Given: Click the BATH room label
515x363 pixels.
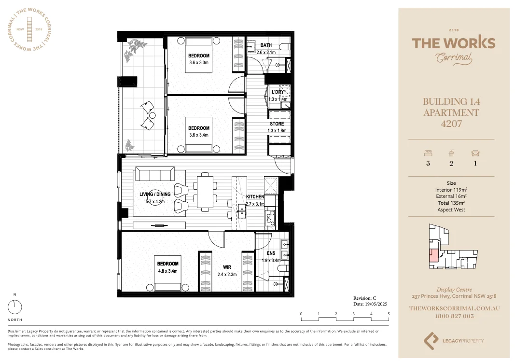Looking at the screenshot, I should pos(266,45).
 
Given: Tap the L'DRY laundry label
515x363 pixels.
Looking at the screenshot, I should pos(278,92).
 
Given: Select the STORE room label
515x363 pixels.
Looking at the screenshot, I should pos(277,124).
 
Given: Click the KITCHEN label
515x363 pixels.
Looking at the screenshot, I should pos(255,197).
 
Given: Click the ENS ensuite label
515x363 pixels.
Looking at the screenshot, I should pos(271,253).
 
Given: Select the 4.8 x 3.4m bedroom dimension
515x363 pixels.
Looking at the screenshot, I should pos(167,271).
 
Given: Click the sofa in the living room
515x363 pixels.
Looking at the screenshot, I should pos(154,174).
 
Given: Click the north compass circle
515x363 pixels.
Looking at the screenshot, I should pos(15,307).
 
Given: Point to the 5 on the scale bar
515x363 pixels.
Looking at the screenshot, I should pos(389,314).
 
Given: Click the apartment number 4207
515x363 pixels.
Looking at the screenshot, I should pos(451,124).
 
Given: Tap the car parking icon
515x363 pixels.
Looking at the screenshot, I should pos(475,153).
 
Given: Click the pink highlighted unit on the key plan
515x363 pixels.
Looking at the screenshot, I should pos(433,256).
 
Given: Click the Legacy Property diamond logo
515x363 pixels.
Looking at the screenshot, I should pos(431,340).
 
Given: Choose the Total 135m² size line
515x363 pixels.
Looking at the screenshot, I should pos(451,203).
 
